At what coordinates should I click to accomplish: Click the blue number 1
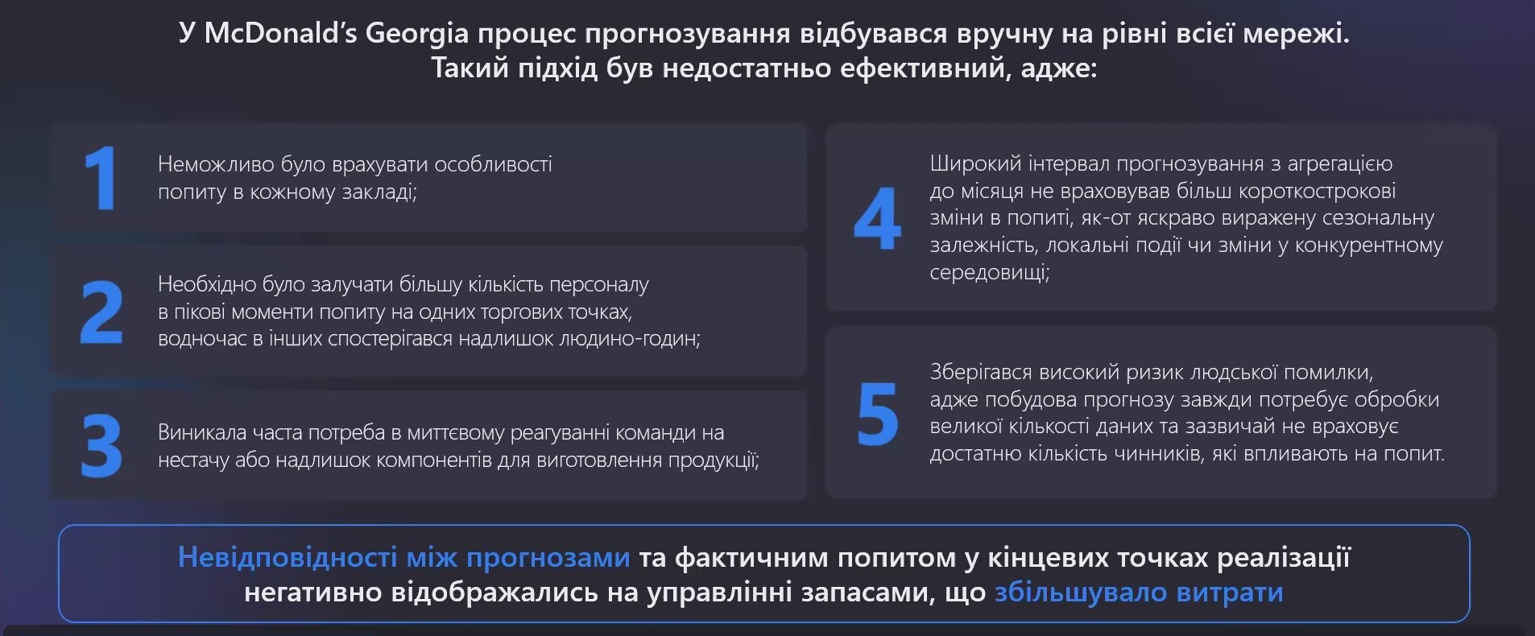click(x=101, y=178)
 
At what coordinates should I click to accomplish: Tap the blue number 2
click(x=101, y=312)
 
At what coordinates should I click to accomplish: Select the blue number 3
click(x=101, y=446)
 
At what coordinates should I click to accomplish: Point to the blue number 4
click(x=877, y=218)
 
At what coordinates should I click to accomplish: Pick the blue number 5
click(x=878, y=414)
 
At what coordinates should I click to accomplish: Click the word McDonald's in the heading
click(x=280, y=33)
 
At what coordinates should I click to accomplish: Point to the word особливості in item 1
click(x=493, y=164)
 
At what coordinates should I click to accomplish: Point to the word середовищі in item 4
click(x=989, y=272)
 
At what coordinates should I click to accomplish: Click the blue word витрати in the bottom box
click(x=1230, y=593)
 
